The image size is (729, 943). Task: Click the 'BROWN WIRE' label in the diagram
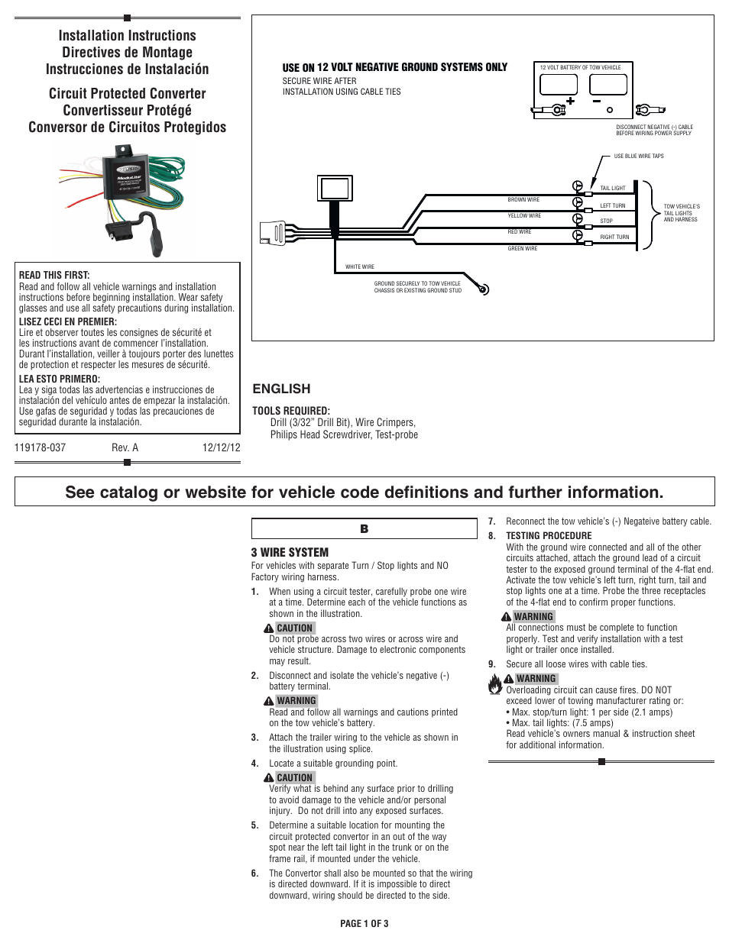tap(523, 200)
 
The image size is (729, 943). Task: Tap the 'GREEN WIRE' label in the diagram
tap(523, 249)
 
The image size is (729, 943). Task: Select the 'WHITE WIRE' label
tap(360, 267)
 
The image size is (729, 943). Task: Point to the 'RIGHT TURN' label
tap(614, 237)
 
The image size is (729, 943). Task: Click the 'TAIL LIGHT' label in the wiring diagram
tap(612, 189)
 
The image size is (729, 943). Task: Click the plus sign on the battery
tap(570, 101)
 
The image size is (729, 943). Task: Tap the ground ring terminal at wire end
tap(482, 289)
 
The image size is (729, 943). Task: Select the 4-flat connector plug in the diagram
tap(274, 232)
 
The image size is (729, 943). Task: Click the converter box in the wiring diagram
tap(335, 188)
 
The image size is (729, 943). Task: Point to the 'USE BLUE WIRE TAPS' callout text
tap(639, 157)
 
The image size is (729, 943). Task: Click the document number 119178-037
tap(40, 448)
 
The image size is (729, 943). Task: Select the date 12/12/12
tap(221, 448)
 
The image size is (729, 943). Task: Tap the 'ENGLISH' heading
tap(281, 389)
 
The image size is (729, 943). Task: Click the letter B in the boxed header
tap(364, 529)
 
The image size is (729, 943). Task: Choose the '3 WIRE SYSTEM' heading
tap(290, 553)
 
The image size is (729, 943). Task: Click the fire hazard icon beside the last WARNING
tap(495, 683)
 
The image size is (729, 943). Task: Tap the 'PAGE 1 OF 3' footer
tap(364, 924)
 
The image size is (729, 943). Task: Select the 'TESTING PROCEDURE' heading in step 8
tap(548, 536)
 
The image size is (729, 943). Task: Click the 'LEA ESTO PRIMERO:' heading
tap(59, 379)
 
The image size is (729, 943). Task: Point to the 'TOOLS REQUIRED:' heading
tap(290, 411)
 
